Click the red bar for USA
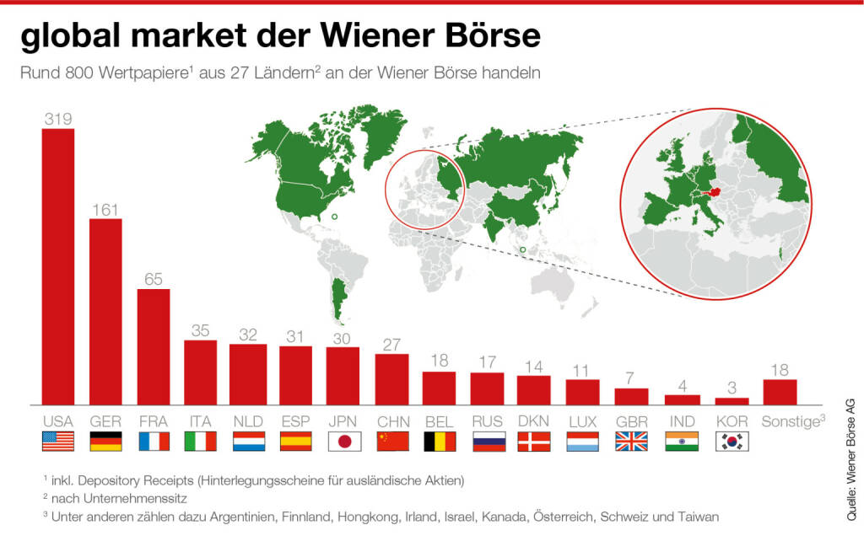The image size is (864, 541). [x=58, y=265]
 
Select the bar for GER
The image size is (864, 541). [x=105, y=311]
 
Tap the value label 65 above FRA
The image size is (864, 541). [x=153, y=279]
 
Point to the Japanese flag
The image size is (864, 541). [x=343, y=441]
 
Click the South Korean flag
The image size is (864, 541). [x=732, y=441]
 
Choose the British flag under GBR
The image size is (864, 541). [x=631, y=441]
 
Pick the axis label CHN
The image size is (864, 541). [x=392, y=420]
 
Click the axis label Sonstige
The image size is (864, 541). [x=791, y=420]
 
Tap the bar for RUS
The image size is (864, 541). [x=487, y=388]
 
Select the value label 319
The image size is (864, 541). [x=57, y=120]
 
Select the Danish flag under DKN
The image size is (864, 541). [x=533, y=441]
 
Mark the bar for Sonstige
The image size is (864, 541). [x=780, y=391]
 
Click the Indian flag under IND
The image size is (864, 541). [x=682, y=441]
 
